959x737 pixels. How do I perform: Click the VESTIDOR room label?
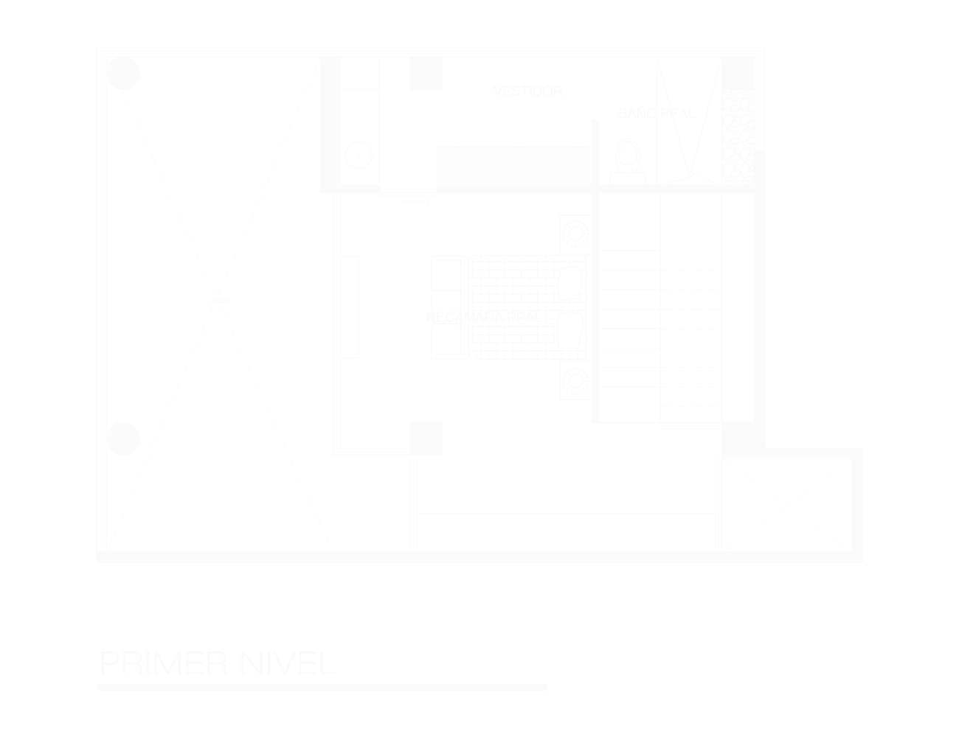tap(528, 91)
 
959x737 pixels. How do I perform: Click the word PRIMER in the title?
tap(164, 663)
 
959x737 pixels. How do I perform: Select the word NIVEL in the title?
tap(288, 663)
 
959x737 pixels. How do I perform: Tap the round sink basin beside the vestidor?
tap(358, 155)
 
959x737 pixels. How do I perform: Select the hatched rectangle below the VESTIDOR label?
tap(514, 166)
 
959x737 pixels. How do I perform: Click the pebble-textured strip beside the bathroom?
tap(738, 136)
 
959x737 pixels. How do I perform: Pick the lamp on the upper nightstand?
tap(575, 234)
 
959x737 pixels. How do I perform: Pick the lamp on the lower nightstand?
tap(575, 381)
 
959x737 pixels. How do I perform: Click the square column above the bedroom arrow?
tap(426, 73)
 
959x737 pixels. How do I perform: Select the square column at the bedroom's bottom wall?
tap(426, 438)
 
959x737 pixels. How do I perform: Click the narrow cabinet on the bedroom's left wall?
tap(351, 307)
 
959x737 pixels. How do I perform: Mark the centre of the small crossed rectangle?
tap(784, 504)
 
